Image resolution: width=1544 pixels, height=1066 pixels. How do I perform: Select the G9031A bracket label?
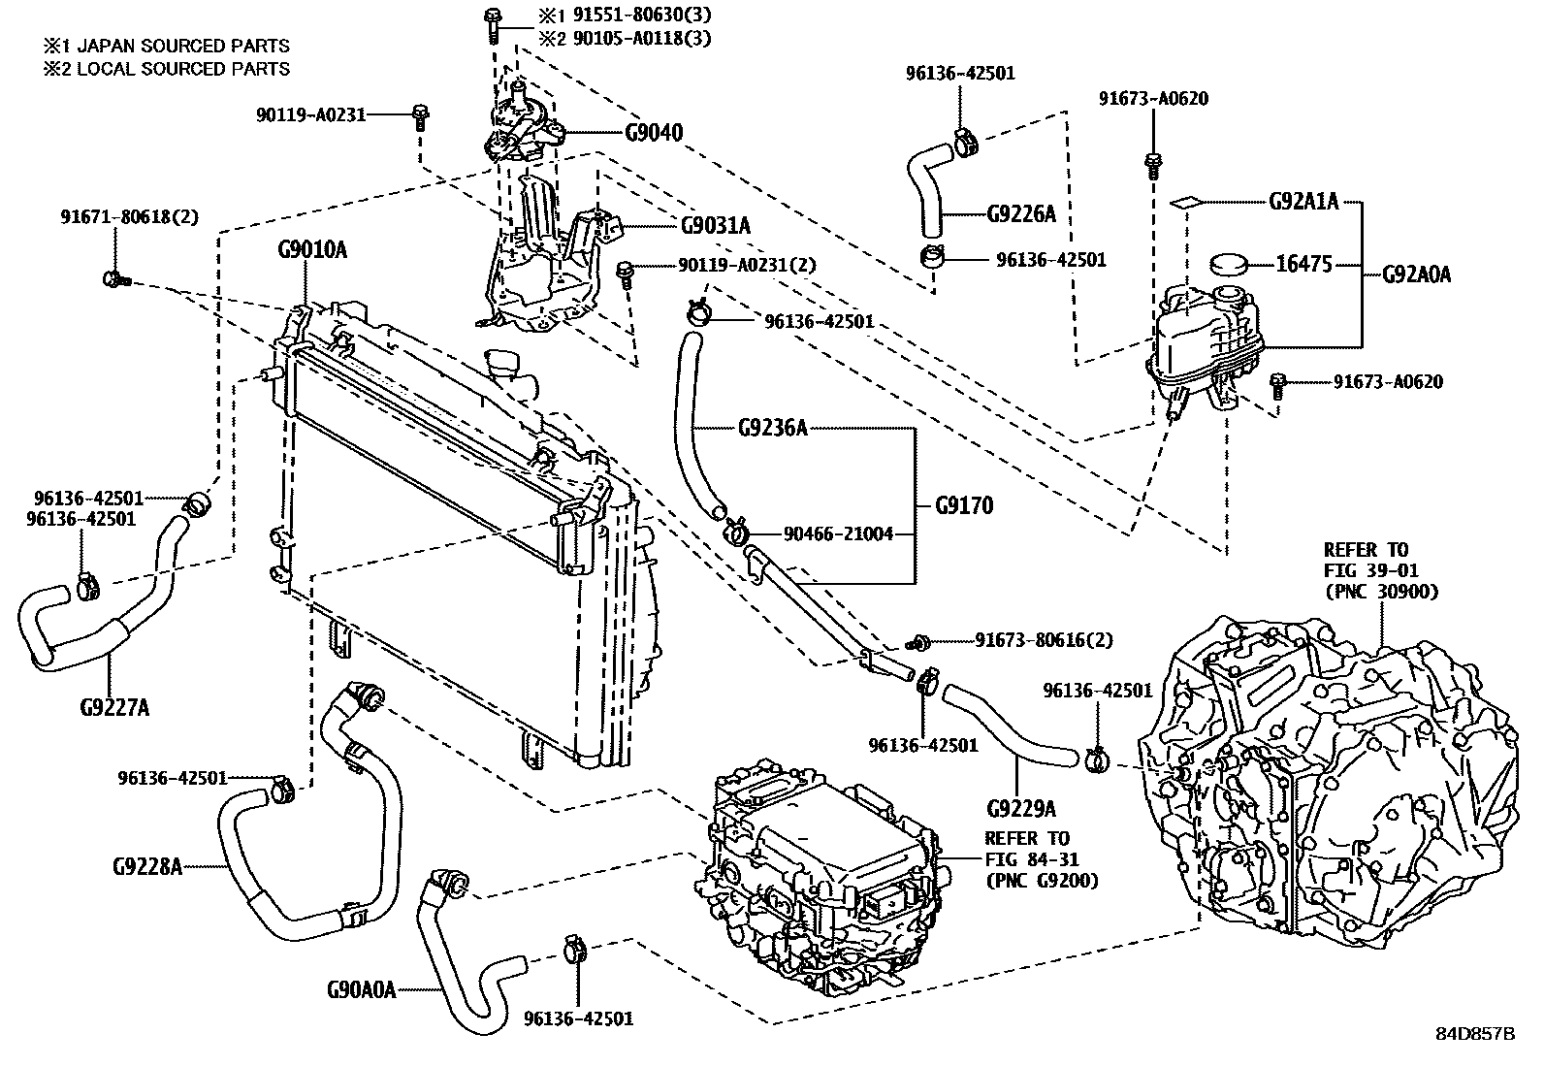[715, 226]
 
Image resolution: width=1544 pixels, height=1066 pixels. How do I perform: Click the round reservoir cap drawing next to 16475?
[1229, 264]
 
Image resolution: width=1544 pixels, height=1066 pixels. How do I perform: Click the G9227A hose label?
[113, 706]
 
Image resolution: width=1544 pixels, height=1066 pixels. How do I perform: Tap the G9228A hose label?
[147, 865]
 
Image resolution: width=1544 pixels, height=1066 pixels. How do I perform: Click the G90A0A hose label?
[361, 990]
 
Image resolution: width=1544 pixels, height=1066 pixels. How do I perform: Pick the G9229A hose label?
[1020, 809]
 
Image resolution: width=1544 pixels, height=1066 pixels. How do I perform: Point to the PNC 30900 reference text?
[1380, 592]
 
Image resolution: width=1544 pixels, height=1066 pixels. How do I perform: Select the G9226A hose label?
[1020, 214]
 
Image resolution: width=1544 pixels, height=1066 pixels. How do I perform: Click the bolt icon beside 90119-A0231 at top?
[420, 116]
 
